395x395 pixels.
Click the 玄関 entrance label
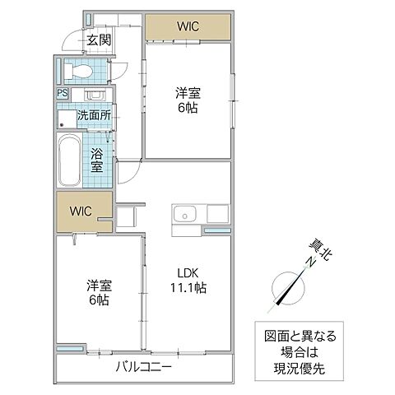coord(99,39)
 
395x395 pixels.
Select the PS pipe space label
coord(63,94)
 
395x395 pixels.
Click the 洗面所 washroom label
coord(94,116)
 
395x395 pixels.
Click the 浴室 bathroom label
coord(97,160)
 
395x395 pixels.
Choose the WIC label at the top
coord(188,26)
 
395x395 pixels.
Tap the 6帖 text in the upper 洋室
coord(188,108)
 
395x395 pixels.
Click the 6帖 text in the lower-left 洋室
coord(100,300)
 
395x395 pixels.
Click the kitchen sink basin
coord(184,216)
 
